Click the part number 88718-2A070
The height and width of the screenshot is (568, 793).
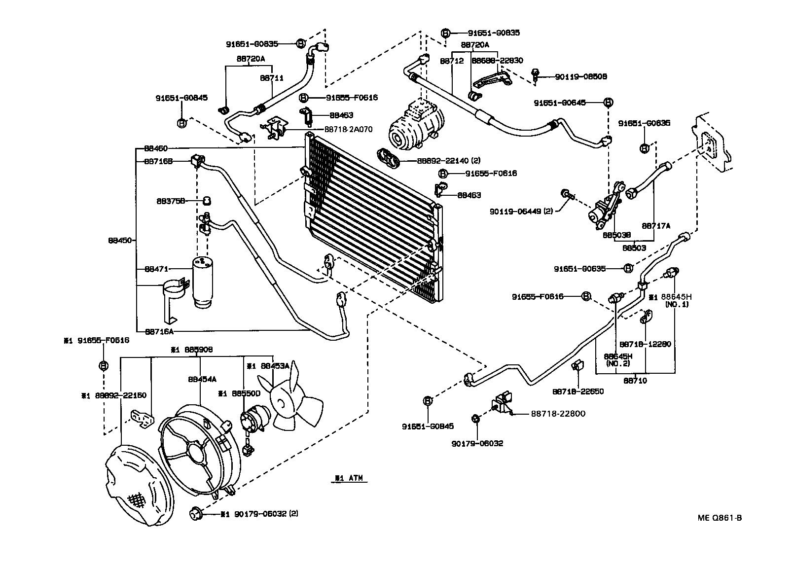pos(348,129)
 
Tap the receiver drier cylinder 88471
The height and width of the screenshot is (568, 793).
pos(203,282)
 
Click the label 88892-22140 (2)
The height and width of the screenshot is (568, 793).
pos(448,160)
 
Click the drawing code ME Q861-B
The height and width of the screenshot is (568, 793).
pos(720,518)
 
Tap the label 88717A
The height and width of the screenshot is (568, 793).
pos(656,225)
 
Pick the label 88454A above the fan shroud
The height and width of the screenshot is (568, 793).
pos(202,380)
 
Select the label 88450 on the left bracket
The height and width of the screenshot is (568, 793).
pos(120,241)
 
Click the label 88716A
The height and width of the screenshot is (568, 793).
pos(159,331)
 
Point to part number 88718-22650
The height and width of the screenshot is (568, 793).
pos(577,391)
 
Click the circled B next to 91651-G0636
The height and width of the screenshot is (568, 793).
pos(644,147)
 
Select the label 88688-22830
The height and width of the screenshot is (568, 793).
pos(497,60)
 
